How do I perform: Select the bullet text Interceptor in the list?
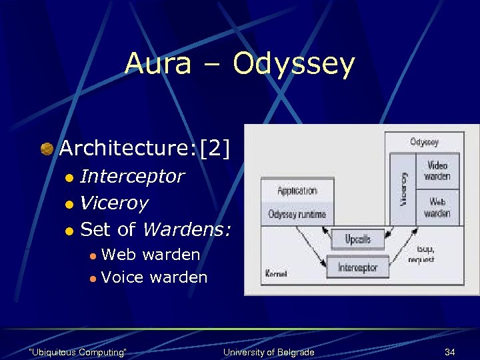tap(132, 176)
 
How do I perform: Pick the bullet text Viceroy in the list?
tap(113, 203)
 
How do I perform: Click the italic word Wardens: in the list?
tap(187, 230)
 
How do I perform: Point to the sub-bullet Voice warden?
tap(154, 277)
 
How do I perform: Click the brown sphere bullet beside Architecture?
tap(47, 149)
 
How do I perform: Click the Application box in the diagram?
tap(297, 191)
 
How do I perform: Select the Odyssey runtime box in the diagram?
tap(297, 214)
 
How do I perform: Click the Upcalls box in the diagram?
tap(359, 239)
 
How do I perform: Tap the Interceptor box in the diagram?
tap(358, 267)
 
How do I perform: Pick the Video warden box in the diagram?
tap(437, 171)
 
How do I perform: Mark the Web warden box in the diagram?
tap(437, 207)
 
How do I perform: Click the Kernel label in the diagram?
tap(275, 274)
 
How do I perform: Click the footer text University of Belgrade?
tap(269, 352)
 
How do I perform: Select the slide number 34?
tap(451, 351)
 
